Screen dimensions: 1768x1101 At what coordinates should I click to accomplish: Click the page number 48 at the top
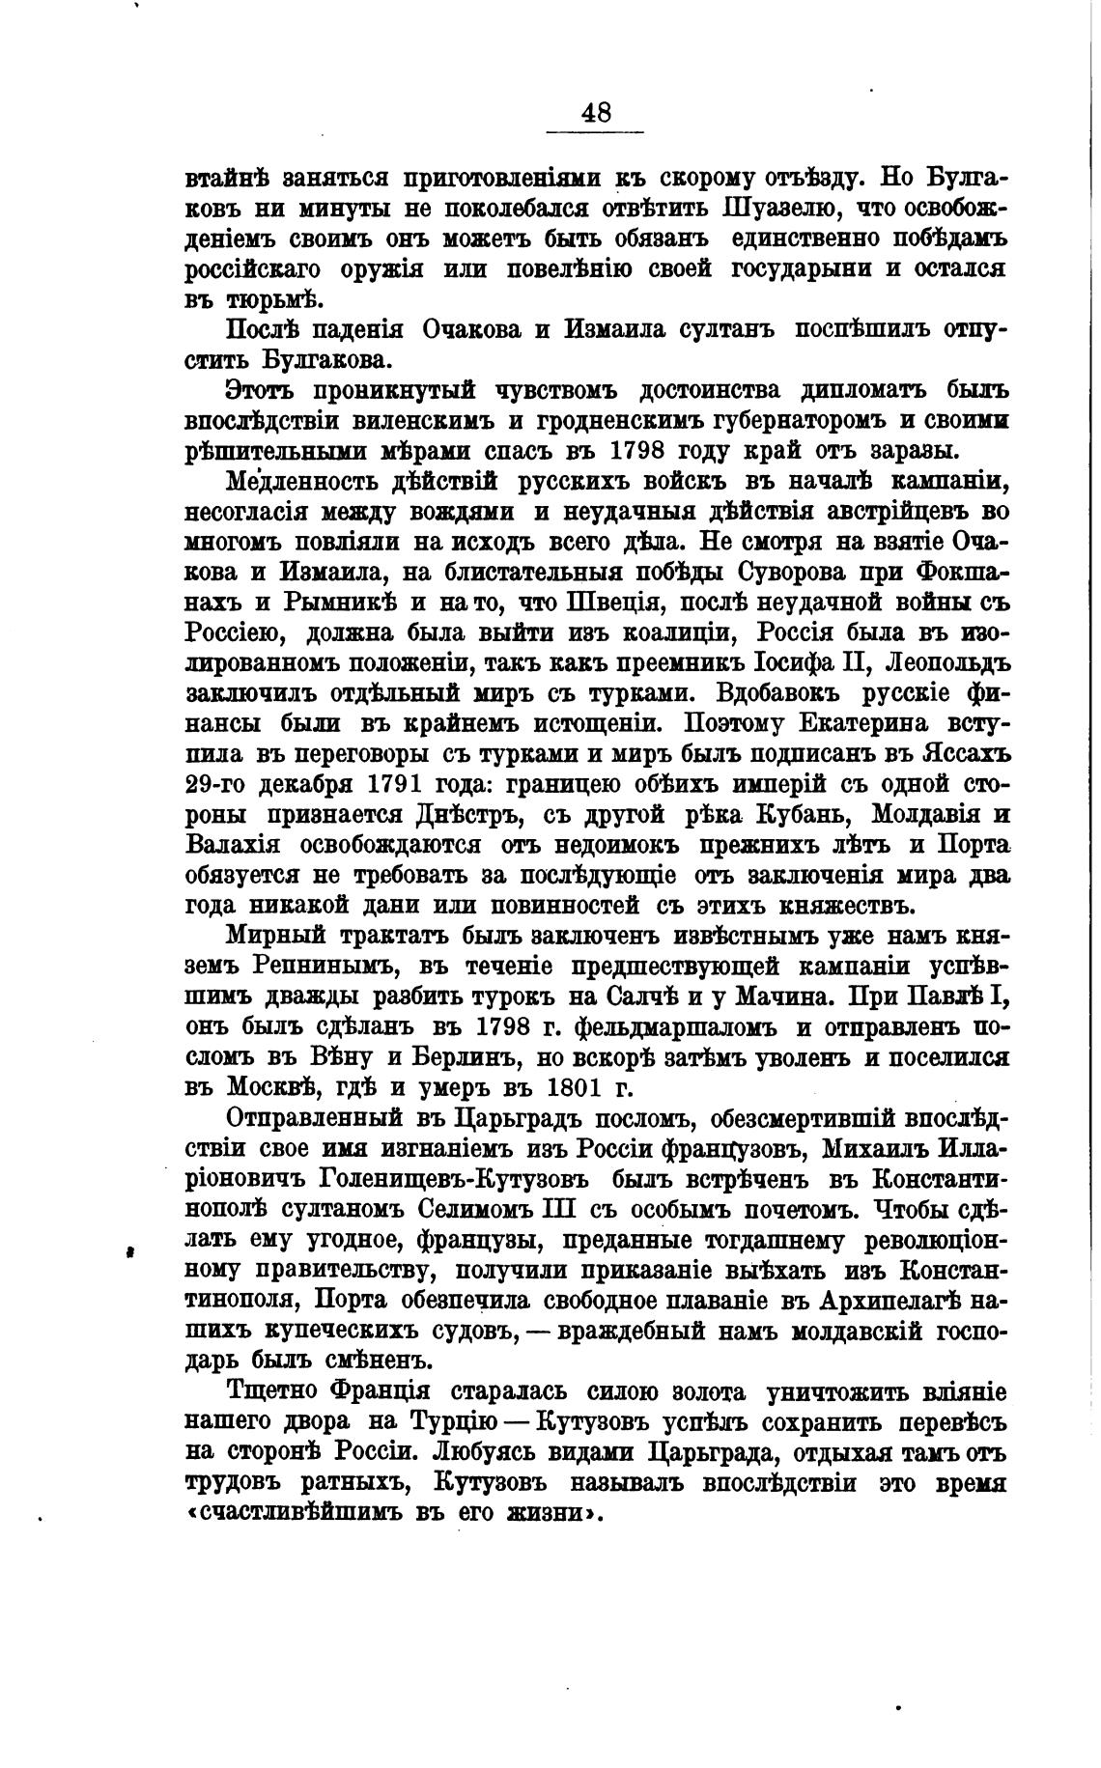pos(596,112)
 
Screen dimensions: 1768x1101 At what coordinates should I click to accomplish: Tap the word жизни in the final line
pos(545,1514)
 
